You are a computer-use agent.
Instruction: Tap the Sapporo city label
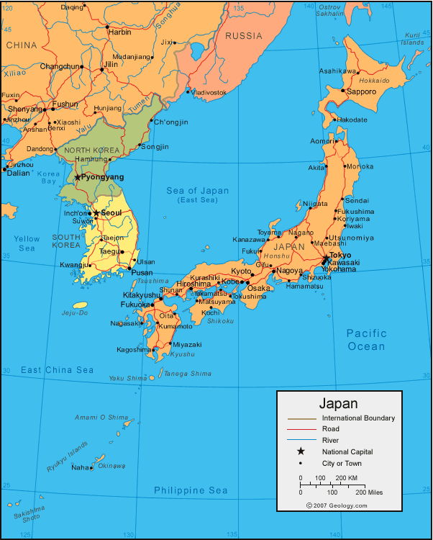tap(362, 92)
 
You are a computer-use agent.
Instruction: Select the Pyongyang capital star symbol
tap(78, 177)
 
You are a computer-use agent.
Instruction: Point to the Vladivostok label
tap(209, 92)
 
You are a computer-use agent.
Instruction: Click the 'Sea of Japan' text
tap(197, 191)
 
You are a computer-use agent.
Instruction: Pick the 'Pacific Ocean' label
tap(366, 339)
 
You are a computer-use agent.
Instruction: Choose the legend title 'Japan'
tap(338, 404)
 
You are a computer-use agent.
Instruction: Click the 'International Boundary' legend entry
tap(358, 418)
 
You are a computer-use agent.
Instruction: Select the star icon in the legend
tap(301, 451)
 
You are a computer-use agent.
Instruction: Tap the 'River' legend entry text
tap(331, 440)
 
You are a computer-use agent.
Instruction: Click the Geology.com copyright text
tap(337, 505)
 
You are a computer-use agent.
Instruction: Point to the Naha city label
tap(80, 467)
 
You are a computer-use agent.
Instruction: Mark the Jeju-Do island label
tap(74, 312)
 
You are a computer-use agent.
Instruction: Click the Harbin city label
tap(119, 32)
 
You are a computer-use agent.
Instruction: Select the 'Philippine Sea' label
tap(191, 491)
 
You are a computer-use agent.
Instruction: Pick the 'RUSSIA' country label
tap(245, 36)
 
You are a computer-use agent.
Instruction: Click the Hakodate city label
tap(352, 120)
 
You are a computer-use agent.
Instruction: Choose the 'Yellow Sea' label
tap(27, 243)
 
